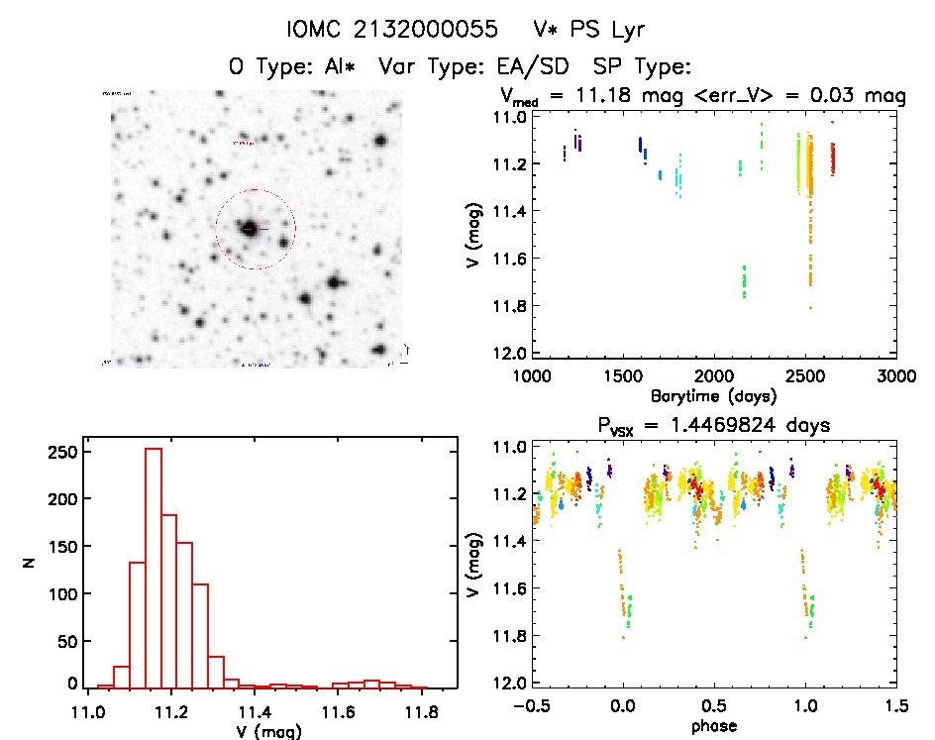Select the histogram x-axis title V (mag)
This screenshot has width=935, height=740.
[270, 732]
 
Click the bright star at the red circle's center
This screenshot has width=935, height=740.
[250, 229]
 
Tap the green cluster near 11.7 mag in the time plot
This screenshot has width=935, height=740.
[744, 281]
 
